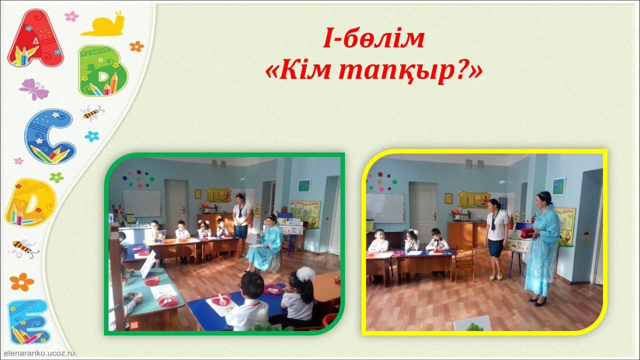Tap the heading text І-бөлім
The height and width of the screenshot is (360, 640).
[373, 39]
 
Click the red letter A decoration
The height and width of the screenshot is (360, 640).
[35, 38]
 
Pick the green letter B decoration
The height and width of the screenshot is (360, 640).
[103, 70]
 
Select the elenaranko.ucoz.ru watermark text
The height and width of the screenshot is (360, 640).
[39, 353]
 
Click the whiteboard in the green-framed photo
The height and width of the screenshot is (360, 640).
[142, 203]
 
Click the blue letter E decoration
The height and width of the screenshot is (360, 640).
[28, 321]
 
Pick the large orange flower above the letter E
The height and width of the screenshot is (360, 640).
[21, 281]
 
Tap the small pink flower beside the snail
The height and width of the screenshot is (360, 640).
[71, 16]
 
